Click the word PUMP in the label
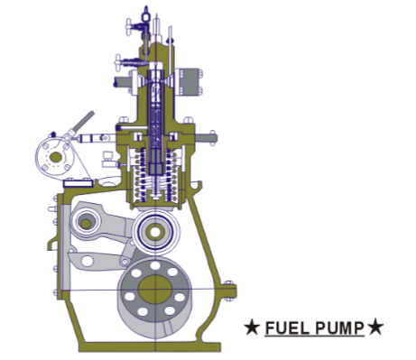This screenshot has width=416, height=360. tap(340, 328)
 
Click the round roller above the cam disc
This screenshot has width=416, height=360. tap(153, 233)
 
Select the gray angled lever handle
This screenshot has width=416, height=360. tap(82, 121)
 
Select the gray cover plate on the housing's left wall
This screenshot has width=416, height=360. tap(60, 248)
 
